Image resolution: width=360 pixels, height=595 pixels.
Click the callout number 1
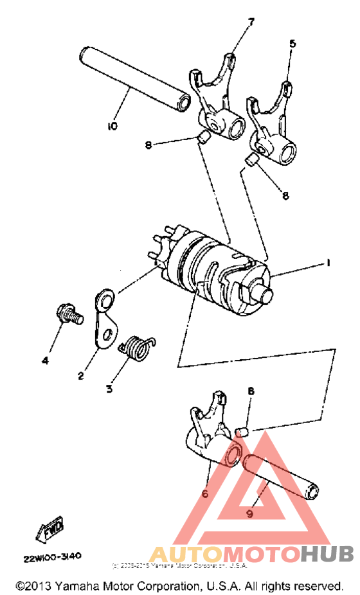[x=327, y=263]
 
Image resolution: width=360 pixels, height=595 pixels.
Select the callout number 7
[x=251, y=22]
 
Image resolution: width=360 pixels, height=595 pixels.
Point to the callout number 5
[x=292, y=44]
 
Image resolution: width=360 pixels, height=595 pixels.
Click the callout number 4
[x=45, y=361]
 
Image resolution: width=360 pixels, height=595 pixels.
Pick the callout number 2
[x=81, y=376]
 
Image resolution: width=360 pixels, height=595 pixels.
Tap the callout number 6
[x=205, y=493]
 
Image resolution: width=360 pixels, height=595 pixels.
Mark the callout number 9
[x=249, y=513]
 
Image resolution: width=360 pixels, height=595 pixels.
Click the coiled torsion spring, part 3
[x=136, y=348]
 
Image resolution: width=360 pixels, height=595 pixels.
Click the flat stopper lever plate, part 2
[x=105, y=319]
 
